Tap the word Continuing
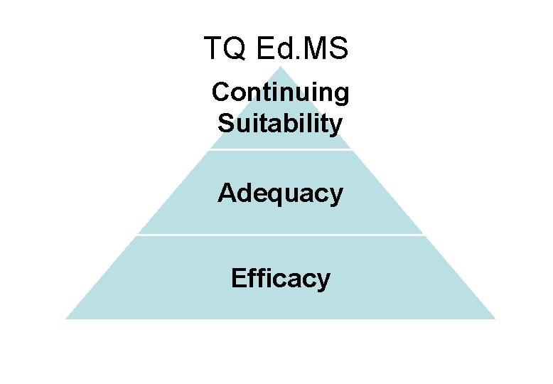[x=281, y=93]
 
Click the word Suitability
[x=280, y=124]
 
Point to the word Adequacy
[x=280, y=193]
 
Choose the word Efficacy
[x=281, y=279]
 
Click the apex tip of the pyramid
[x=281, y=68]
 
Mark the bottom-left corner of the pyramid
[x=67, y=318]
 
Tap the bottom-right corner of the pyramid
[x=494, y=318]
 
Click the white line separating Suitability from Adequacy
[x=281, y=149]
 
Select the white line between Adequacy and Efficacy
[x=281, y=235]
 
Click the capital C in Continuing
[x=220, y=92]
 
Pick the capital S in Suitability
[x=225, y=123]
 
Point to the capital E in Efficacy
[x=238, y=277]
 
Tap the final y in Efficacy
[x=324, y=281]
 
